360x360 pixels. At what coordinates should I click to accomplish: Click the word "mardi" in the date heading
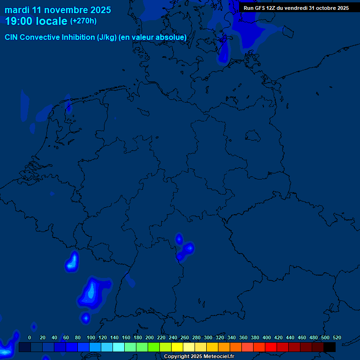(16, 10)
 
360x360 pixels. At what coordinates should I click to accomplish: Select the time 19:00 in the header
(21, 21)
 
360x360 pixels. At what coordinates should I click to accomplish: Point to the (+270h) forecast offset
(83, 21)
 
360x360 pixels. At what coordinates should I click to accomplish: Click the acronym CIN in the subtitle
(11, 37)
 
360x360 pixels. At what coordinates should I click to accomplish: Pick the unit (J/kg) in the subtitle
(107, 37)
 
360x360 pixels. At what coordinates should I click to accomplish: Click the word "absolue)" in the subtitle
(171, 37)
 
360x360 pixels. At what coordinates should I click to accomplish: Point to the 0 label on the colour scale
(30, 337)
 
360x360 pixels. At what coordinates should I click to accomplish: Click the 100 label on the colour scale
(91, 337)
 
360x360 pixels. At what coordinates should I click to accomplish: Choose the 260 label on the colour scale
(185, 337)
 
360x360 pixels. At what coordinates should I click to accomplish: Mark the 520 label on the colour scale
(337, 337)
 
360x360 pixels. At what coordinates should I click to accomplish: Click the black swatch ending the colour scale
(330, 347)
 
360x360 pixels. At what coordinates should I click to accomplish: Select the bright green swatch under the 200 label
(154, 347)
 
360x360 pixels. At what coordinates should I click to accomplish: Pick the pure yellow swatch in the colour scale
(177, 347)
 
